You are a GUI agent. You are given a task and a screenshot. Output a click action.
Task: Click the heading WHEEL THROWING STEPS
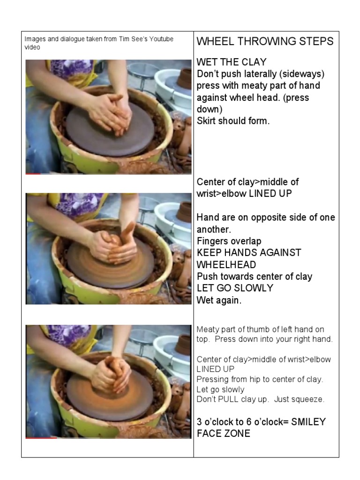(265, 41)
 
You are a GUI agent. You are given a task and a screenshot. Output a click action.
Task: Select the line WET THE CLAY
(232, 62)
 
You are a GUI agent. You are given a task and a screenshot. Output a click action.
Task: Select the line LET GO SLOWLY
(235, 288)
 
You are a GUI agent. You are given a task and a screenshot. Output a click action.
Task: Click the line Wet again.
(219, 300)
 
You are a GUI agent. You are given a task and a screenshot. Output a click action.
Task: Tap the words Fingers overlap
(229, 241)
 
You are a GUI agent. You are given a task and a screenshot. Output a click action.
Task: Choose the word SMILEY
(308, 421)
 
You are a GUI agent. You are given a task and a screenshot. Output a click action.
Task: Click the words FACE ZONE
(223, 434)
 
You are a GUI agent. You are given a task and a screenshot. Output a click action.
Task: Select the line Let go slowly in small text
(220, 390)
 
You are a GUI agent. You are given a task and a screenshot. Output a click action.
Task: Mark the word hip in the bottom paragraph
(253, 379)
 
